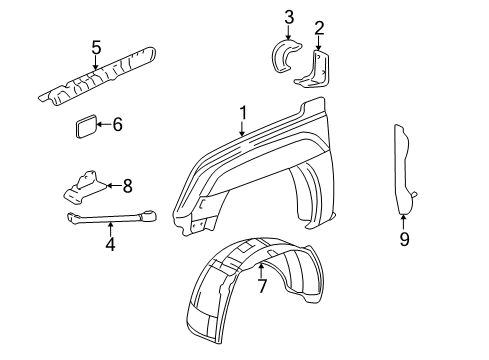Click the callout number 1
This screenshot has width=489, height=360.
point(242,113)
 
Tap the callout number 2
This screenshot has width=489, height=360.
point(319,28)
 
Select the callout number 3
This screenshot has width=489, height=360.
point(288,16)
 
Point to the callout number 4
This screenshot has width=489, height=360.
point(111,244)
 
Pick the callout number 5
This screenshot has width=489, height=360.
point(96,47)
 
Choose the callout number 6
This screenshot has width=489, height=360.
point(118,125)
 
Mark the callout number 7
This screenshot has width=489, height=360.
point(261,287)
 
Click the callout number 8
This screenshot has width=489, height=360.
point(127,185)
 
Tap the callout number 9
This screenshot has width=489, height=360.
point(404,239)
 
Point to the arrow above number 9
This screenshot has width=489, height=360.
point(404,222)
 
